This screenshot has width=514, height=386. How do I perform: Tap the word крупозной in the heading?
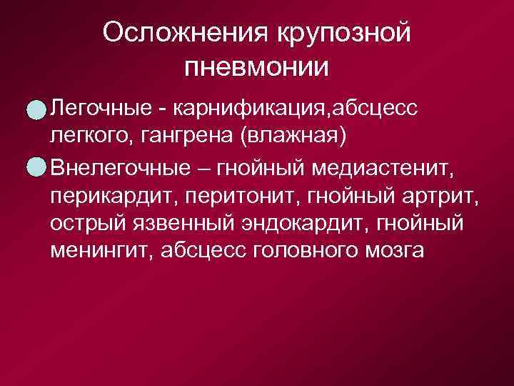pyautogui.click(x=342, y=34)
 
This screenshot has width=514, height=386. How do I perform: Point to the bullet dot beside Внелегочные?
pyautogui.click(x=33, y=167)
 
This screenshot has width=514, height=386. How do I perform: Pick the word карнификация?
pyautogui.click(x=243, y=109)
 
